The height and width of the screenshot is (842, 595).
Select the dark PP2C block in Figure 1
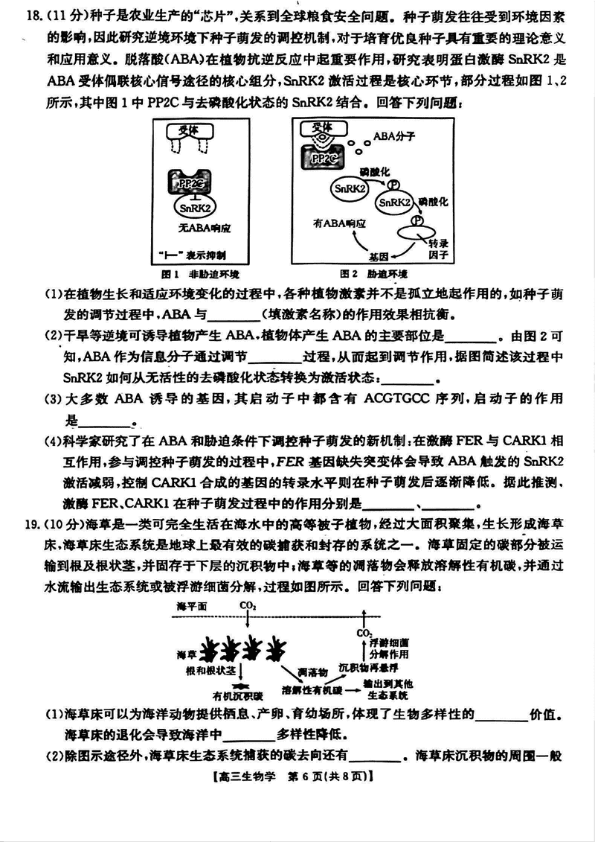point(191,181)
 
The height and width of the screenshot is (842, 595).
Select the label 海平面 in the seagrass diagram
point(193,607)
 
